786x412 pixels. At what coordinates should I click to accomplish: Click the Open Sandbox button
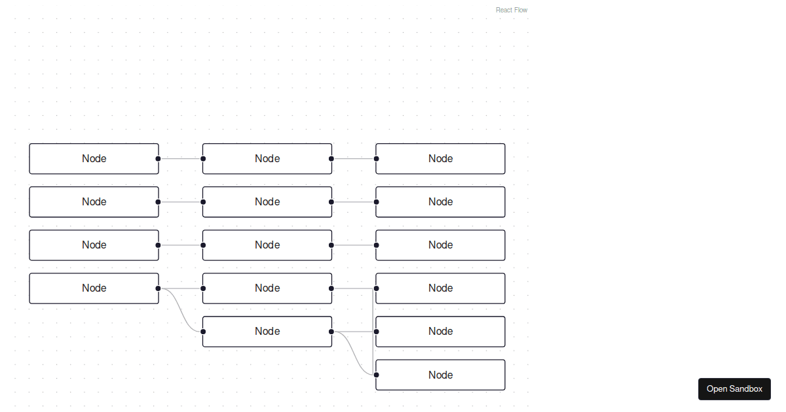[x=734, y=389]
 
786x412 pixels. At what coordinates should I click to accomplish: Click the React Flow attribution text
[x=512, y=10]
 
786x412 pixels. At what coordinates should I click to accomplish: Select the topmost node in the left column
[x=94, y=159]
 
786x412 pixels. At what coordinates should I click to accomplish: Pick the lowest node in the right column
[x=440, y=375]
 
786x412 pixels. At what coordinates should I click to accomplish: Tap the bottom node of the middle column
[x=267, y=332]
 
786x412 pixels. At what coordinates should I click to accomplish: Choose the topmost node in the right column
[x=440, y=159]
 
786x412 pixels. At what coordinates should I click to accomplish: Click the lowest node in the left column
[x=94, y=288]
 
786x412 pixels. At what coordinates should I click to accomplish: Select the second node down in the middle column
[x=267, y=202]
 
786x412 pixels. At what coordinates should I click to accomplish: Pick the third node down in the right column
[x=440, y=245]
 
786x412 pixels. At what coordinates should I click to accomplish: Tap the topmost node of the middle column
[x=267, y=159]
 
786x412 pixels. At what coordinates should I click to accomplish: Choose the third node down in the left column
[x=94, y=245]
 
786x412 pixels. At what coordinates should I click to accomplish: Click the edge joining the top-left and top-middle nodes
[x=181, y=158]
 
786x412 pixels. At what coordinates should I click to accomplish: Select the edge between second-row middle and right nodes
[x=354, y=202]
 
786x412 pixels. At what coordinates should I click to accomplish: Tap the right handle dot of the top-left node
[x=158, y=158]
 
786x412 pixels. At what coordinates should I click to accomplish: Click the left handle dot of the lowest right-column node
[x=376, y=375]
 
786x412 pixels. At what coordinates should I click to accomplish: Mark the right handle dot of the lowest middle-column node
[x=331, y=332]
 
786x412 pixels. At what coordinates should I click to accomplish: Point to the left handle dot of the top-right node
[x=376, y=158]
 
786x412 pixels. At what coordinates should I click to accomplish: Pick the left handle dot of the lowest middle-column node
[x=203, y=332]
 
